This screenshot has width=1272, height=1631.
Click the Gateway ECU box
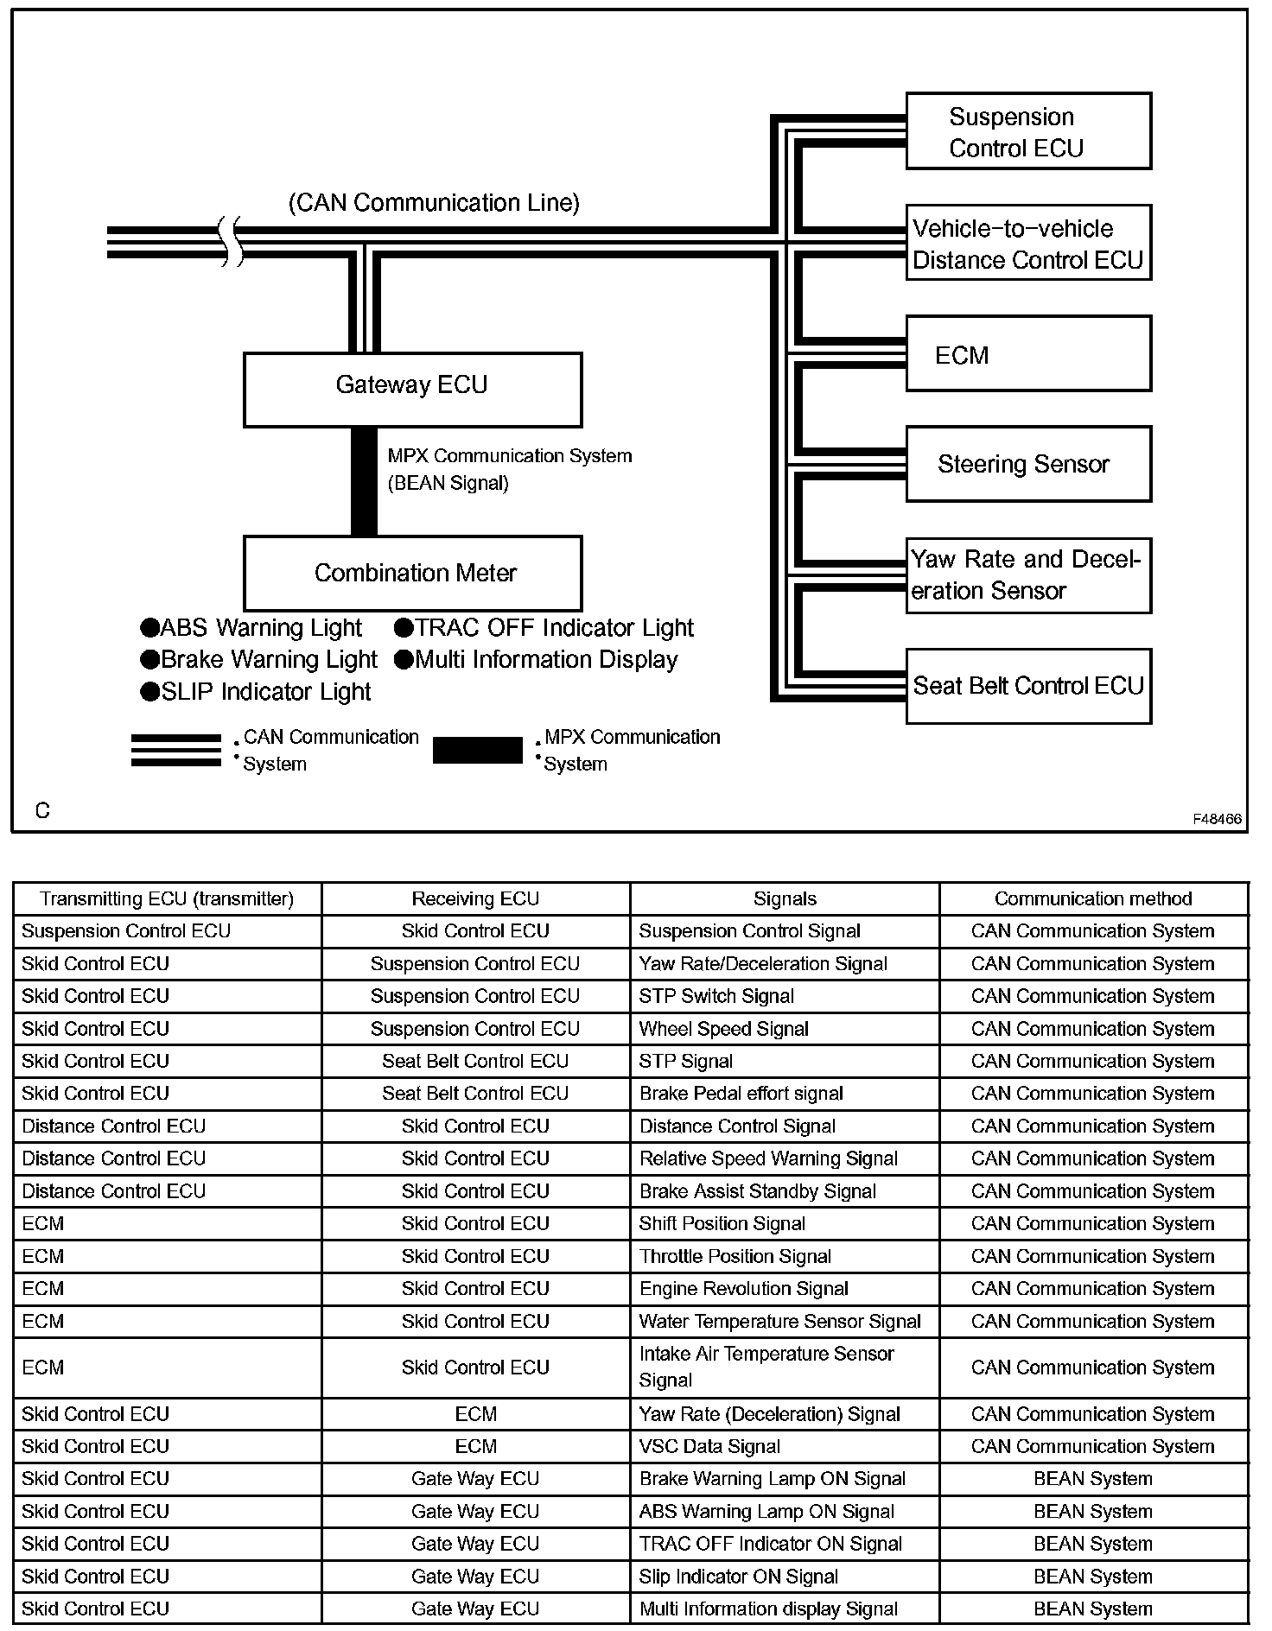tap(412, 390)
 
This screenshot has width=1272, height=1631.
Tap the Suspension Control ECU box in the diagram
tap(1028, 131)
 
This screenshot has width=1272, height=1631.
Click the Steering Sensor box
tap(1028, 464)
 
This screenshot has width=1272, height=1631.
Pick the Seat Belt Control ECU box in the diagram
tap(1028, 686)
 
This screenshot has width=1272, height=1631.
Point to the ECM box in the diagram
tap(1028, 354)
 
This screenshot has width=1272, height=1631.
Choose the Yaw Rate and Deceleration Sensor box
tap(1028, 575)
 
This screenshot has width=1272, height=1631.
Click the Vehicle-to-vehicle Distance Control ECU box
tap(1028, 243)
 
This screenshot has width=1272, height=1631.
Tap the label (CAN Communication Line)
tap(434, 203)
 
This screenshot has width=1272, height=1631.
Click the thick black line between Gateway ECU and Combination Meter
tap(364, 481)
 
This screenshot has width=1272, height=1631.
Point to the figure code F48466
tap(1217, 819)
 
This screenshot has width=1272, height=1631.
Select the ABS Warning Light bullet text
tap(251, 628)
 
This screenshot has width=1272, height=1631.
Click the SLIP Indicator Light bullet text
tap(256, 692)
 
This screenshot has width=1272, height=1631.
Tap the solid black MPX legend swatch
tap(477, 750)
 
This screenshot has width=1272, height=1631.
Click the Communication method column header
tap(1093, 899)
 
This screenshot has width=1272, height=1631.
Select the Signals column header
tap(785, 899)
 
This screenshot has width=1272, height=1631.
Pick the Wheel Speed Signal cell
tap(724, 1029)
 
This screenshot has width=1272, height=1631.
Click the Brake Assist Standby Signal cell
tap(758, 1191)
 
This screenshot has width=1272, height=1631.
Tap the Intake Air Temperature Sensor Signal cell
tap(766, 1367)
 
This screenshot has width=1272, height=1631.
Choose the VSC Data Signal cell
tap(709, 1446)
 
